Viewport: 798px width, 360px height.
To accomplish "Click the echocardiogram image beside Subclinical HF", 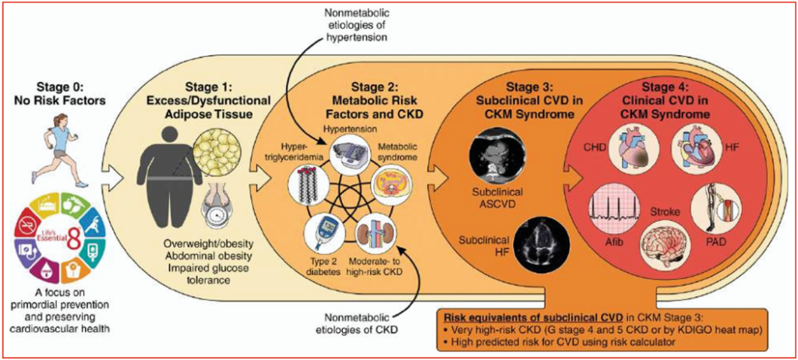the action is [x=538, y=245].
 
